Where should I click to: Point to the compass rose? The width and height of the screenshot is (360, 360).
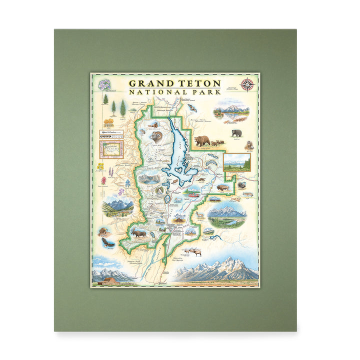point(247,84)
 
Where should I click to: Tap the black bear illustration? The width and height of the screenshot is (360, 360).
point(236,133)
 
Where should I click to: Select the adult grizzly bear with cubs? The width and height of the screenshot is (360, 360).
point(202,140)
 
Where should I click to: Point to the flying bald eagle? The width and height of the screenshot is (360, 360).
point(107,242)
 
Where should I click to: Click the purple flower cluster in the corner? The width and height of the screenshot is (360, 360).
point(104,84)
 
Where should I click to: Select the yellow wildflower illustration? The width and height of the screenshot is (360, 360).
point(100,166)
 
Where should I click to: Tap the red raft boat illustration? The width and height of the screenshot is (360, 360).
point(192,192)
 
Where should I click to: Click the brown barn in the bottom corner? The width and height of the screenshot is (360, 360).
point(110,280)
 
